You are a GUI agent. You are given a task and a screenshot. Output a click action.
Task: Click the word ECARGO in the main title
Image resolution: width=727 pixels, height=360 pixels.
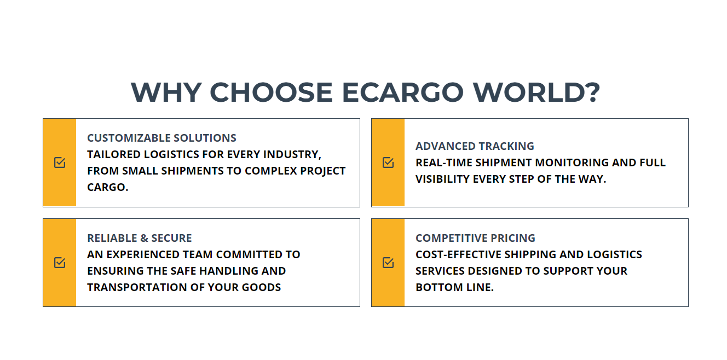tap(402, 92)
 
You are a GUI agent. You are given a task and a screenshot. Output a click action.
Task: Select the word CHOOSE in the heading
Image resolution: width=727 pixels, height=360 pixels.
tap(272, 92)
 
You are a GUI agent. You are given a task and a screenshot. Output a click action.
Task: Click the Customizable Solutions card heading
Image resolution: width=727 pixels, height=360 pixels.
tap(161, 138)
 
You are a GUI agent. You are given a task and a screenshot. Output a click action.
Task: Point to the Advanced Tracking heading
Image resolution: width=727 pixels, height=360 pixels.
tap(475, 146)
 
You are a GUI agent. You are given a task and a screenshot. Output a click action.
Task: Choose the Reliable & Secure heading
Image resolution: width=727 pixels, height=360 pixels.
tap(140, 238)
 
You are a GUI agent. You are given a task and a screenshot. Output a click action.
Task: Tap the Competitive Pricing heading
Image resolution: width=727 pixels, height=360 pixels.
tap(476, 238)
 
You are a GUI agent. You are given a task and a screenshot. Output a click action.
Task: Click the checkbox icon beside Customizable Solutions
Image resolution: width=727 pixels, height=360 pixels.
tap(60, 162)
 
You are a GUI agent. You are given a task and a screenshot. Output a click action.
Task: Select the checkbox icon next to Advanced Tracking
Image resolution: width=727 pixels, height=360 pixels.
tap(388, 162)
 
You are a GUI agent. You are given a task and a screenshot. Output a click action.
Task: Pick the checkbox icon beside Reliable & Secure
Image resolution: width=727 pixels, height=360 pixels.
tap(60, 262)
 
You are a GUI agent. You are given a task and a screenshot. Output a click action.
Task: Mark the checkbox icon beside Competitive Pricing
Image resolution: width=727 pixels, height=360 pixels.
tap(388, 262)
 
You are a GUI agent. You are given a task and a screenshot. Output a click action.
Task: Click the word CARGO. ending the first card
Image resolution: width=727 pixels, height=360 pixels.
tap(108, 188)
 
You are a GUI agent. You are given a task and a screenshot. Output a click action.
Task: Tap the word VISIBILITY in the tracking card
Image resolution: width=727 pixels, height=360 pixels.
tap(442, 179)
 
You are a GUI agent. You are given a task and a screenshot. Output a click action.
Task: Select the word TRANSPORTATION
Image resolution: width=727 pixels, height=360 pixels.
tap(137, 287)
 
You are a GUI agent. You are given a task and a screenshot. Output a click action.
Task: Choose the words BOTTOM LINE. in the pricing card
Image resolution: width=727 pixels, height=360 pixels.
tap(455, 287)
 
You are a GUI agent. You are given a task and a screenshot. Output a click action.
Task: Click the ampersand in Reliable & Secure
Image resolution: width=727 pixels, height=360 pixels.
tap(144, 238)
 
